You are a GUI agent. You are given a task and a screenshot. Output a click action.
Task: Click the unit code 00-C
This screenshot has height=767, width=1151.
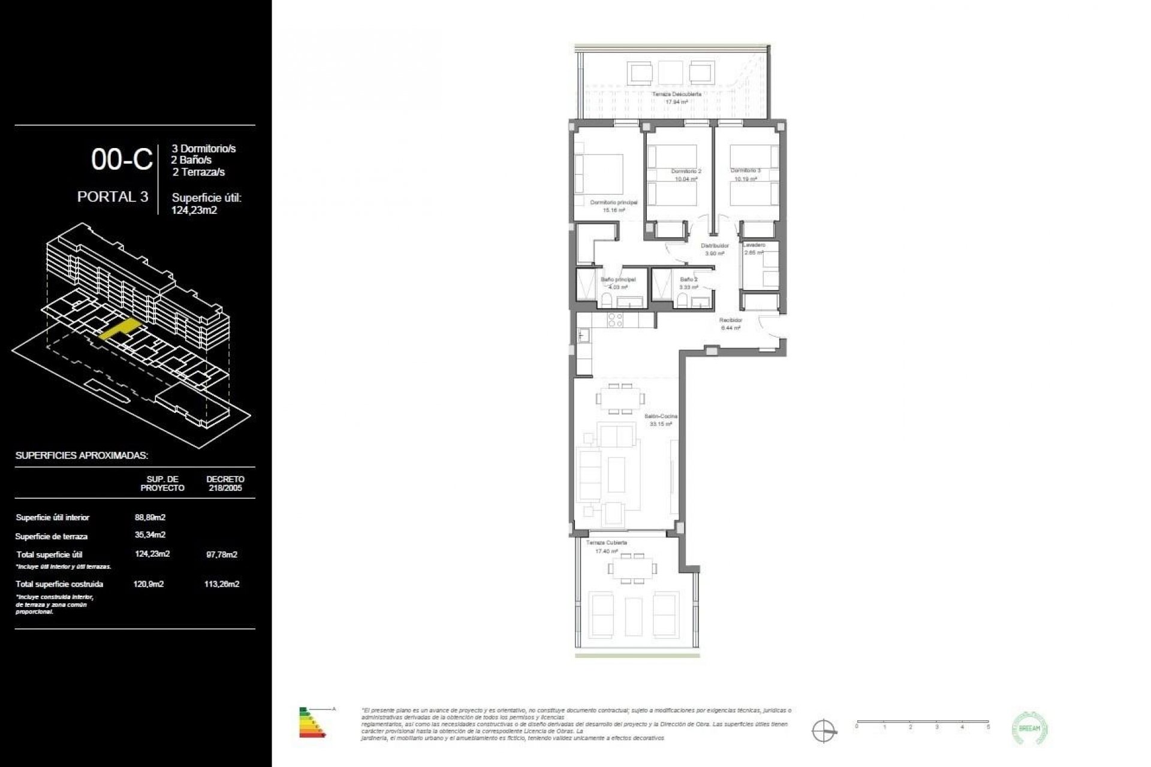[x=122, y=160]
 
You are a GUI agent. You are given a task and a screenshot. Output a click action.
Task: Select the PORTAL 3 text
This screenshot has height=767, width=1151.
[x=113, y=197]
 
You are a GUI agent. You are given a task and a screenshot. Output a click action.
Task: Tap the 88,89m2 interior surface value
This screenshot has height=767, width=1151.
[x=150, y=517]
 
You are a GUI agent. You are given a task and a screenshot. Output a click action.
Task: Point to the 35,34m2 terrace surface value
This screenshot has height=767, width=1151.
[x=150, y=535]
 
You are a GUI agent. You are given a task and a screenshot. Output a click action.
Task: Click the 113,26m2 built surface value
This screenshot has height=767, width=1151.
[x=222, y=584]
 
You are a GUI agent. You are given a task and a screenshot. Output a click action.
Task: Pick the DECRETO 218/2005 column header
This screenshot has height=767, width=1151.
[x=225, y=484]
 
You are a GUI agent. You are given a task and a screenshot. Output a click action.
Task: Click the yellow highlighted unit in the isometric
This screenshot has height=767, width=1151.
[x=119, y=330]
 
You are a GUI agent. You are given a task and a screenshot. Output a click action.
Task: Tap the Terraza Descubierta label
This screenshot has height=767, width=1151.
[x=676, y=95]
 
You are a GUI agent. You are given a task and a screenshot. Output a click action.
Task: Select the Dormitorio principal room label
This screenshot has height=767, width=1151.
[x=613, y=203]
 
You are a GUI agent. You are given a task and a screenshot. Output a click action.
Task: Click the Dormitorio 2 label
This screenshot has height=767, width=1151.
[x=686, y=171]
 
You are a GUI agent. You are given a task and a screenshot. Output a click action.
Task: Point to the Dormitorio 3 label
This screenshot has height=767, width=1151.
[x=745, y=171]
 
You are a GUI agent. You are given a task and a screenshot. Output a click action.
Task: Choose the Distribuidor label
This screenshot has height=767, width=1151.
[x=715, y=246]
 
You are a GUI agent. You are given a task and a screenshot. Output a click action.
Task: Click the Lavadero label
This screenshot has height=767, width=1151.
[x=754, y=245]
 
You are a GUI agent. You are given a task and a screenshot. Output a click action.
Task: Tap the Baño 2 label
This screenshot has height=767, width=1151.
[x=688, y=279]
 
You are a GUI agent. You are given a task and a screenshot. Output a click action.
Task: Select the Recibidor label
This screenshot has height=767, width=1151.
[x=731, y=321]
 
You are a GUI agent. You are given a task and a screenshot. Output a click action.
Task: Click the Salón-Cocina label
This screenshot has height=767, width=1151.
[x=661, y=416]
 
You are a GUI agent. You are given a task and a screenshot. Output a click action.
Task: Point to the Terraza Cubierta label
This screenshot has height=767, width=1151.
[x=606, y=543]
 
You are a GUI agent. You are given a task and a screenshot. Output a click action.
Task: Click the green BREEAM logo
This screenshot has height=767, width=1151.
[x=1029, y=728]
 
